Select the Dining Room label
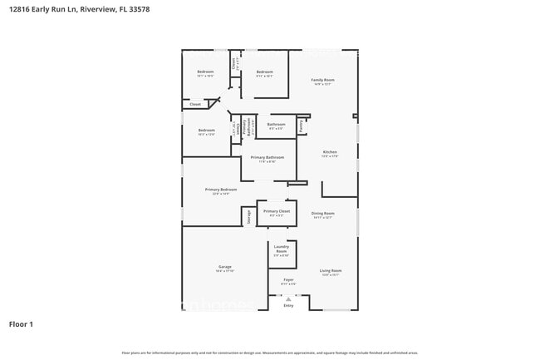point(322,215)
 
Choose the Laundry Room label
point(281,250)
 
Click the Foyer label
point(288,281)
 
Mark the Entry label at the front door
point(288,305)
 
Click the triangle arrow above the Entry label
point(288,298)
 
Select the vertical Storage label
point(248,217)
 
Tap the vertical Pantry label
point(300,126)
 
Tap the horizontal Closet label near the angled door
point(195,105)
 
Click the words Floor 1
point(22,323)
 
